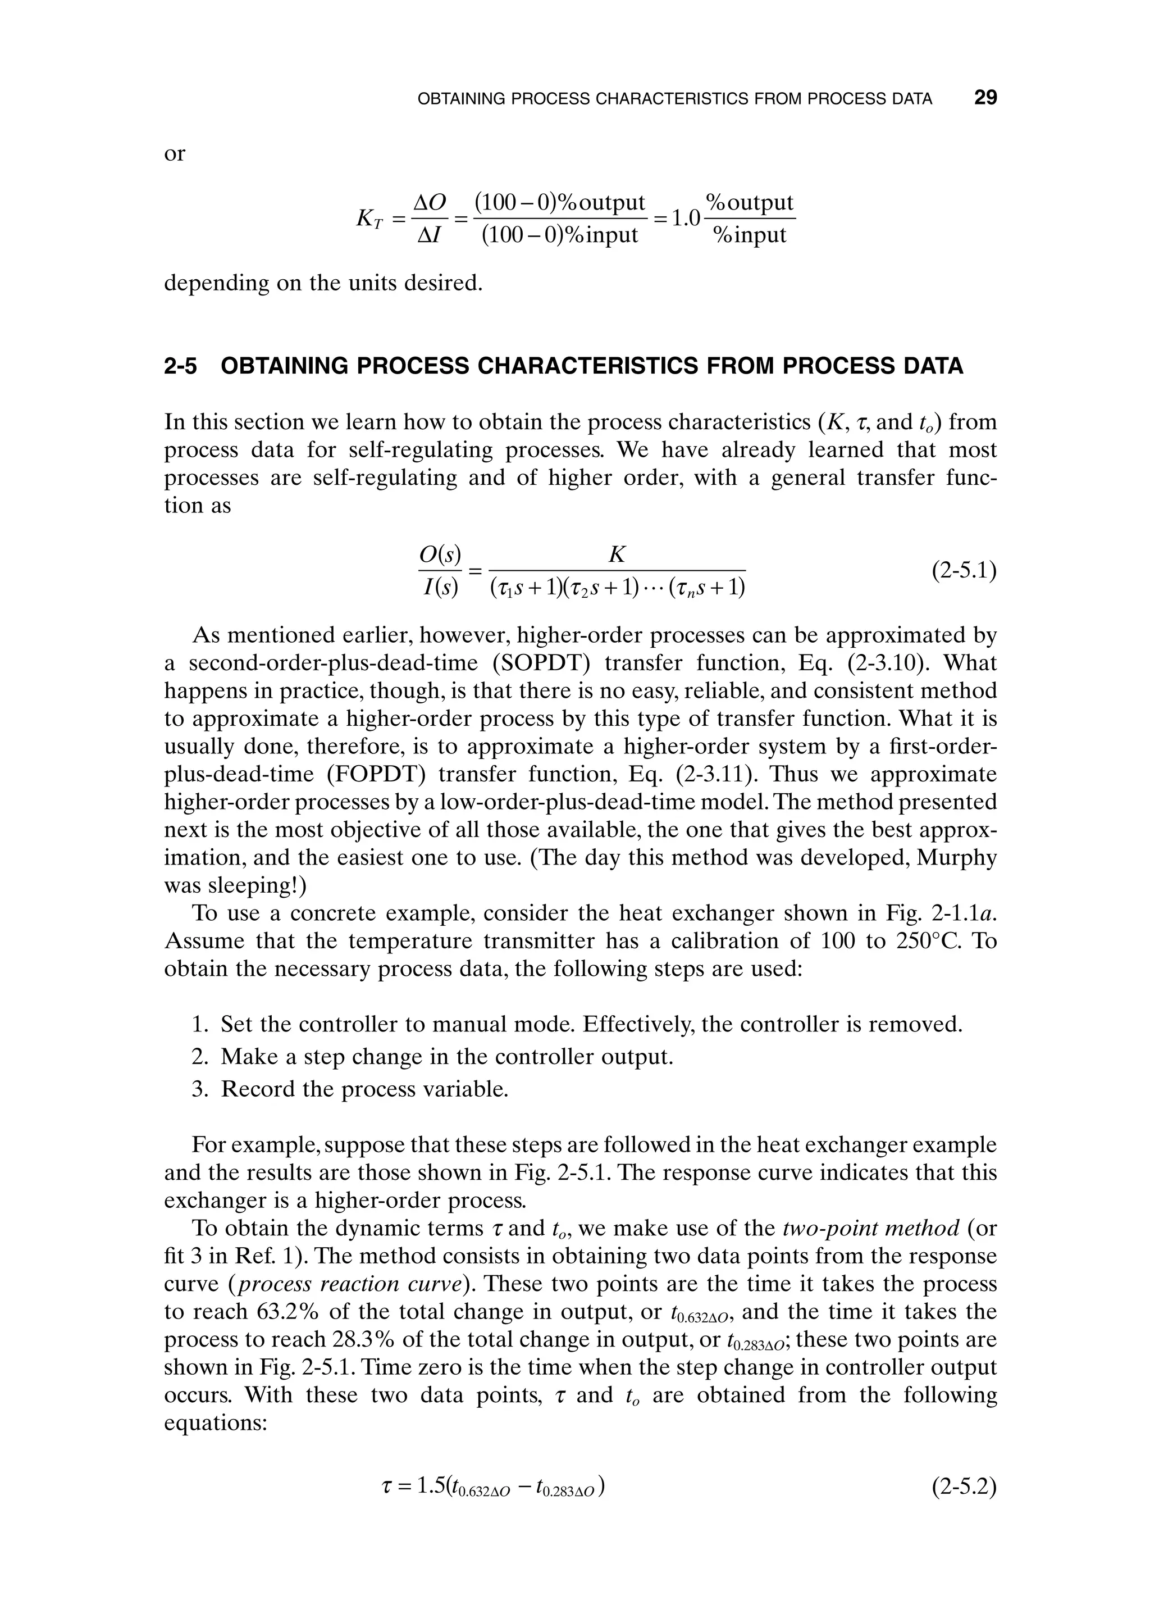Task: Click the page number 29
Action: click(985, 98)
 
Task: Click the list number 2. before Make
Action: click(200, 1056)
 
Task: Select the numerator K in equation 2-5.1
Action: click(617, 554)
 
